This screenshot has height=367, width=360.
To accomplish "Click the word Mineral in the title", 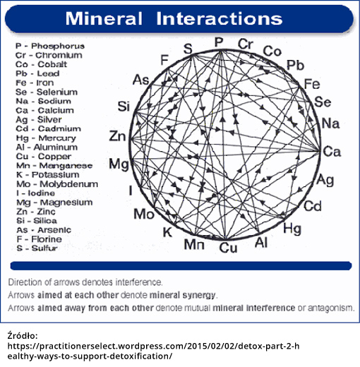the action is tap(104, 18).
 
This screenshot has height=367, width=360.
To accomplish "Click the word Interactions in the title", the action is tap(220, 18).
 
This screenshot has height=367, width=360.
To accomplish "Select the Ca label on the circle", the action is tap(332, 152).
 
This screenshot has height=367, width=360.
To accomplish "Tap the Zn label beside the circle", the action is tap(117, 136).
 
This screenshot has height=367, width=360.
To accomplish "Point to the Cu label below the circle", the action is tap(228, 248).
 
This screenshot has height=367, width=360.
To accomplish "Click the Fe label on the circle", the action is tap(312, 84).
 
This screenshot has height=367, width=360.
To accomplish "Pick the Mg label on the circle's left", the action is tap(119, 164).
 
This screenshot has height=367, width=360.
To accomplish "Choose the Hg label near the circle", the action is tap(292, 229).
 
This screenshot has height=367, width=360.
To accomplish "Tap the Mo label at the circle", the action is tap(144, 214).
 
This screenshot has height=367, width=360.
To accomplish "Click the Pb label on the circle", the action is tap(296, 65).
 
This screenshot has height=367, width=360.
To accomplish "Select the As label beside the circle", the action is tap(141, 80).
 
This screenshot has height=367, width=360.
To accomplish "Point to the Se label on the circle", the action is tap(323, 102).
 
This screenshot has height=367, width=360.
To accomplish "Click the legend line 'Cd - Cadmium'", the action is tap(49, 128).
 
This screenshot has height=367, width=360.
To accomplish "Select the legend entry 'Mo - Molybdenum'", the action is tap(57, 184).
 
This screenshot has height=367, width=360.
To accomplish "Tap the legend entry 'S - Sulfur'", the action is tap(37, 248).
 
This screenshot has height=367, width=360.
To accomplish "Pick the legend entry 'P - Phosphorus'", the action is tap(50, 46).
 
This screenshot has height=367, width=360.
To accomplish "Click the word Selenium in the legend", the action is tap(57, 92).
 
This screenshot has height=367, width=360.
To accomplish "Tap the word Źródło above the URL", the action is tap(23, 336).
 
